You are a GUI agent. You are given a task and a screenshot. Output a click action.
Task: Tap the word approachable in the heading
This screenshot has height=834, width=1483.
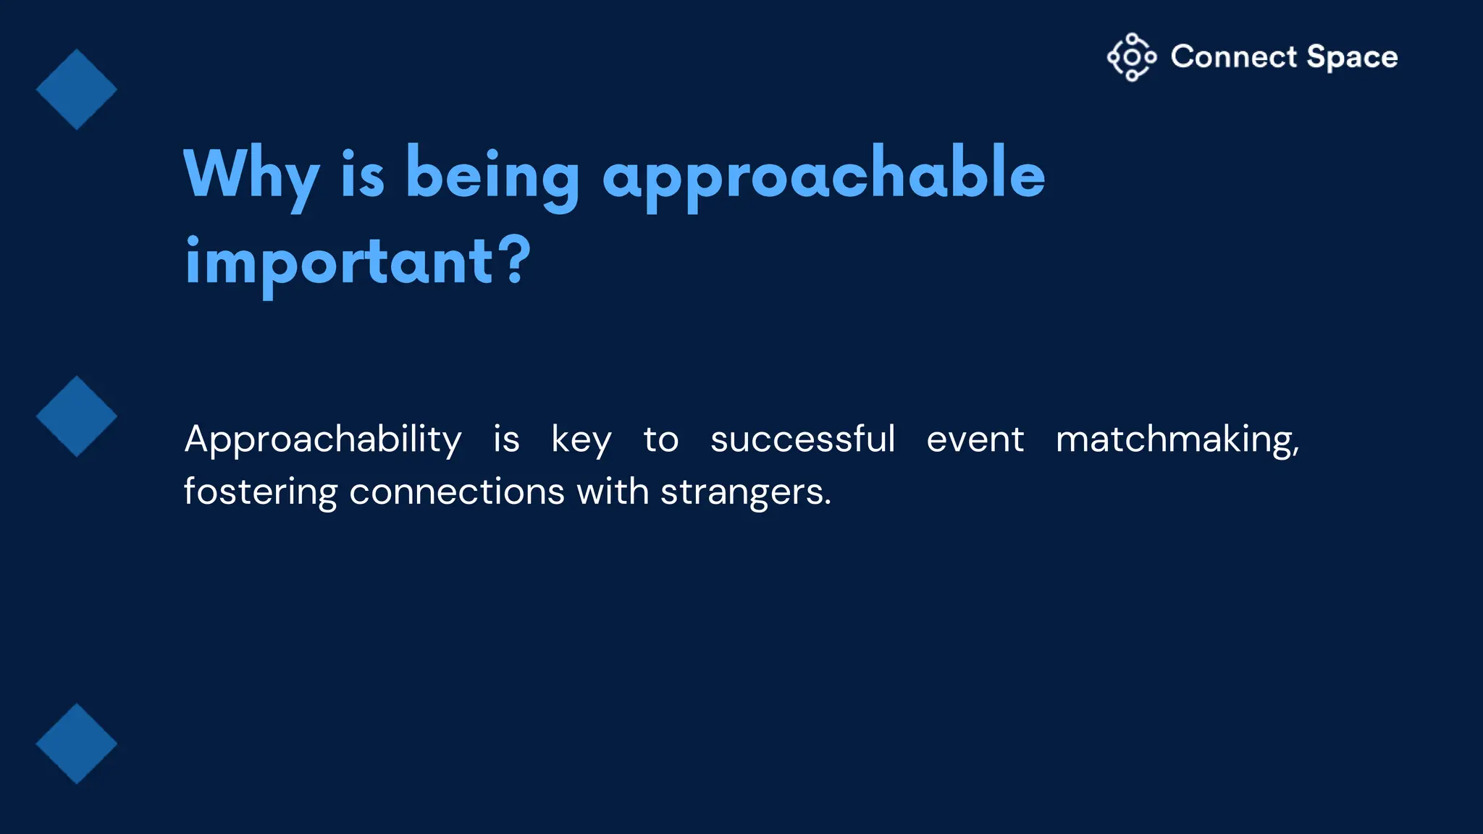(823, 175)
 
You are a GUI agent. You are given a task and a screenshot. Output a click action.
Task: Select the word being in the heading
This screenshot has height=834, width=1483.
(492, 175)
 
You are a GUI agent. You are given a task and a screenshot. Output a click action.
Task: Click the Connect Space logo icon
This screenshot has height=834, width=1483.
(1131, 57)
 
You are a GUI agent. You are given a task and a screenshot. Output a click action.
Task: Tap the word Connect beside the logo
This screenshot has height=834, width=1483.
(1234, 57)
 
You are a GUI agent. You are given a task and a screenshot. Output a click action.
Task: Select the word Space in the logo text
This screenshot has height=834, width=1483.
(1352, 57)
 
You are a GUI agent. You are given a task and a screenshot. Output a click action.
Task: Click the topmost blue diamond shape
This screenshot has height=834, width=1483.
(77, 90)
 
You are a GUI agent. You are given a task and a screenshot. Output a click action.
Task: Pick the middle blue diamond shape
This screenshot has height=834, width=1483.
(77, 416)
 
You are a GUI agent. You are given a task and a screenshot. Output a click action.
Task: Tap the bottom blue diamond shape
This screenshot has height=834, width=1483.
(77, 744)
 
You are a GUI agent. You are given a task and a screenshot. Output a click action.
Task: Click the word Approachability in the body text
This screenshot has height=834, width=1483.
(323, 439)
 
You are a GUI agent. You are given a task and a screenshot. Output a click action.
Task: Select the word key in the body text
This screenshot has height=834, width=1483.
(581, 439)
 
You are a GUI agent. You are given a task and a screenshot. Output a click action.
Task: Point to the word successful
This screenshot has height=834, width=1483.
(802, 439)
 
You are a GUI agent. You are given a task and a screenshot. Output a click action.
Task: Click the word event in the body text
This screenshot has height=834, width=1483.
(975, 439)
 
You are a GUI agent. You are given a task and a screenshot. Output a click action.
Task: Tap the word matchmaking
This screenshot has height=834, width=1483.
(1177, 439)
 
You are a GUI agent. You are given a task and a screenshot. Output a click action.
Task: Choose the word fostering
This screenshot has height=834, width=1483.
(260, 492)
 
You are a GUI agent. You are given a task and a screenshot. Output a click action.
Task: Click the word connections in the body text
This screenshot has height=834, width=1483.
(456, 492)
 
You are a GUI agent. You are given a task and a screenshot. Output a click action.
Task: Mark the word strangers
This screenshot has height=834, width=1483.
(745, 492)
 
